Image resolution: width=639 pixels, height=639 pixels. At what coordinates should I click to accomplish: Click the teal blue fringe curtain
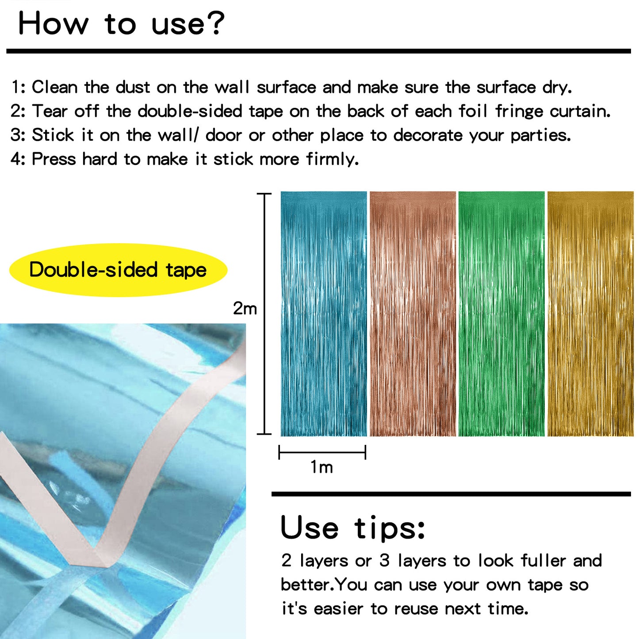coord(324,314)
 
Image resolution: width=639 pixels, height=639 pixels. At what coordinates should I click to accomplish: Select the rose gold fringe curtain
coord(413,314)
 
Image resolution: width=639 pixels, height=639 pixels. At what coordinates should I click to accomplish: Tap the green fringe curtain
coord(501,314)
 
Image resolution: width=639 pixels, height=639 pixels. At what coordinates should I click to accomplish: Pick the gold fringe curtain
coord(590,314)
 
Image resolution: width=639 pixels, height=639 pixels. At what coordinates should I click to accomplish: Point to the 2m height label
coord(245,308)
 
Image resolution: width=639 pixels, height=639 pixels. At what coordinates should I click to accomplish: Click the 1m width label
coord(321,467)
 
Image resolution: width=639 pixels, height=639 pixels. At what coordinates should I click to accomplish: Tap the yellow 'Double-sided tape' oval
coord(118,270)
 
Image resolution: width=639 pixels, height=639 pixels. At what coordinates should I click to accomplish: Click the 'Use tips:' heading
coord(353,528)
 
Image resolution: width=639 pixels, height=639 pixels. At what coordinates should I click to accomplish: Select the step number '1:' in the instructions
coord(18,88)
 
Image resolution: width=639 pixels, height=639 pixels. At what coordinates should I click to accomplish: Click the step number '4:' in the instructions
coord(18,159)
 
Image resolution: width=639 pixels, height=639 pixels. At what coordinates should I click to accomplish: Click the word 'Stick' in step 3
coord(53,135)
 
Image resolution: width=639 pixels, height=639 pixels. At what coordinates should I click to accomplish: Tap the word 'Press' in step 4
coord(54,159)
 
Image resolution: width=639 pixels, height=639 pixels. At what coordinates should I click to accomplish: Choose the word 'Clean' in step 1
coord(54,88)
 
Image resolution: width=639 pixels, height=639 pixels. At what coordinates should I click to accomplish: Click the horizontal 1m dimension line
coord(322,452)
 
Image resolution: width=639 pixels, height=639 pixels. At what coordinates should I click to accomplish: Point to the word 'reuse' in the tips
coord(417,609)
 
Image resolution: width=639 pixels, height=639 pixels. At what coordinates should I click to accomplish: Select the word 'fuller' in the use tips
coord(543,561)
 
